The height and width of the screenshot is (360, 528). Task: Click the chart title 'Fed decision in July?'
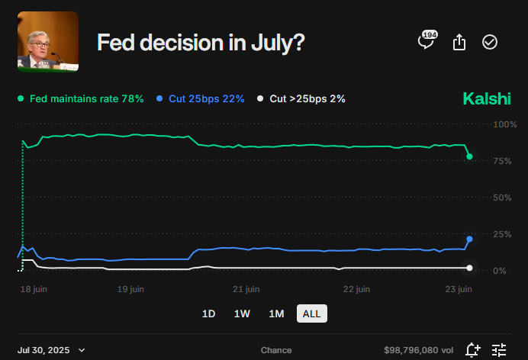(201, 43)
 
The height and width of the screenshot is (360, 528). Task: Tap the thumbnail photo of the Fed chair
(47, 43)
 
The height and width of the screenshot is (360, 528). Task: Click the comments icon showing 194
(426, 41)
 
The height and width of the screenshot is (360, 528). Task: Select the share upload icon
(459, 43)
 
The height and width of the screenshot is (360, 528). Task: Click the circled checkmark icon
(490, 43)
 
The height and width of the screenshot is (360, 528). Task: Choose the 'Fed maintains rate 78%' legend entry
(80, 99)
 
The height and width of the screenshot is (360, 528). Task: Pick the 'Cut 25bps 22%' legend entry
(200, 99)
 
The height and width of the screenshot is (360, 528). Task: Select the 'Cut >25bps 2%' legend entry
(301, 99)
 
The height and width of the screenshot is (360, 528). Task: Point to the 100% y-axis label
(504, 124)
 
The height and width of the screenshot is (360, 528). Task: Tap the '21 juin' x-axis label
(246, 289)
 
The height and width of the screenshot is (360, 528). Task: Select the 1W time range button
(242, 313)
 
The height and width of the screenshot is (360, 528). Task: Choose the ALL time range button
(311, 313)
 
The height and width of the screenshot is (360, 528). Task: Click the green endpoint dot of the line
(469, 156)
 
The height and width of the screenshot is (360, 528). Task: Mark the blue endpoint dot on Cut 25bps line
(469, 239)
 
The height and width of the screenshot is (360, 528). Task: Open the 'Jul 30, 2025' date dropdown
(52, 350)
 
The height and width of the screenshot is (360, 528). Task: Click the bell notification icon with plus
(472, 350)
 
